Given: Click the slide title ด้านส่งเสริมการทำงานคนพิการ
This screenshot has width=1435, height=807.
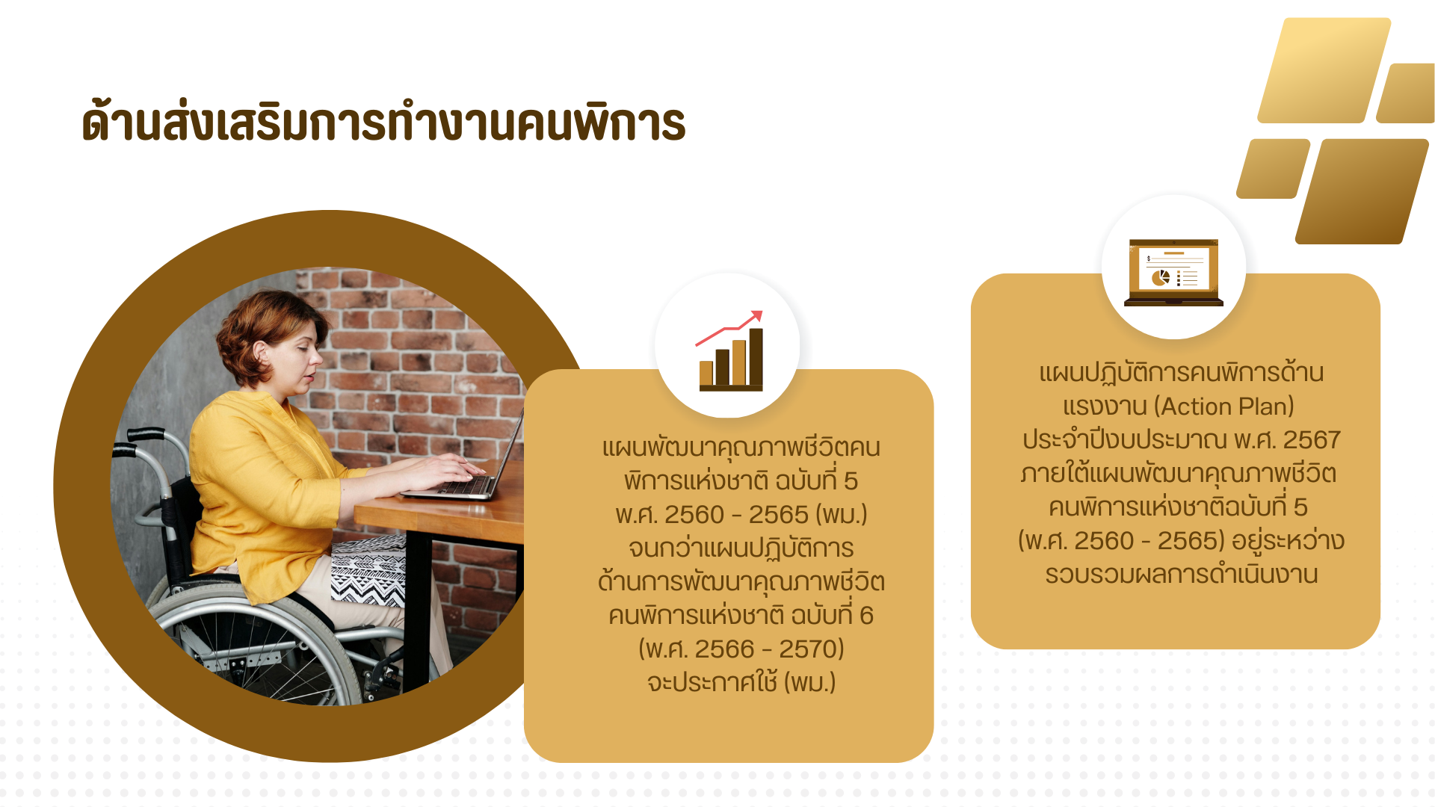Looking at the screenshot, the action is point(383,122).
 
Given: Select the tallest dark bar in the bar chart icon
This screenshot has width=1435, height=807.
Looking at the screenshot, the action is point(756,357).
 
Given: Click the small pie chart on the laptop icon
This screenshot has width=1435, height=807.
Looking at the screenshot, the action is point(1160,278).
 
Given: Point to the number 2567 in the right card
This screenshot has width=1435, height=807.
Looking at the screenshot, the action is point(1312,439).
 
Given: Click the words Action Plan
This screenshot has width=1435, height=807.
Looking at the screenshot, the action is point(1223,406).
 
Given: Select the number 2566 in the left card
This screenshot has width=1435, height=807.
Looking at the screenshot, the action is point(724,649).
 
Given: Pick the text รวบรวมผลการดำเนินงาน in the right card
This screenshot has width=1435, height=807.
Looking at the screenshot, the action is point(1181,574).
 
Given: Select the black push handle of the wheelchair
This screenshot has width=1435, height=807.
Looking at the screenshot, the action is point(146,434).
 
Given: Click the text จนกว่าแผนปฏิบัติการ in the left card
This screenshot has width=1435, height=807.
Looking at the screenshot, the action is point(741,548).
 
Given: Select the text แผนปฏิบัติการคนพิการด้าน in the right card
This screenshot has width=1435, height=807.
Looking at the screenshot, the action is point(1181,372).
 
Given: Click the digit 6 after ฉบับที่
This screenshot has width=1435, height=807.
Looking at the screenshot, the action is point(866,615).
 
